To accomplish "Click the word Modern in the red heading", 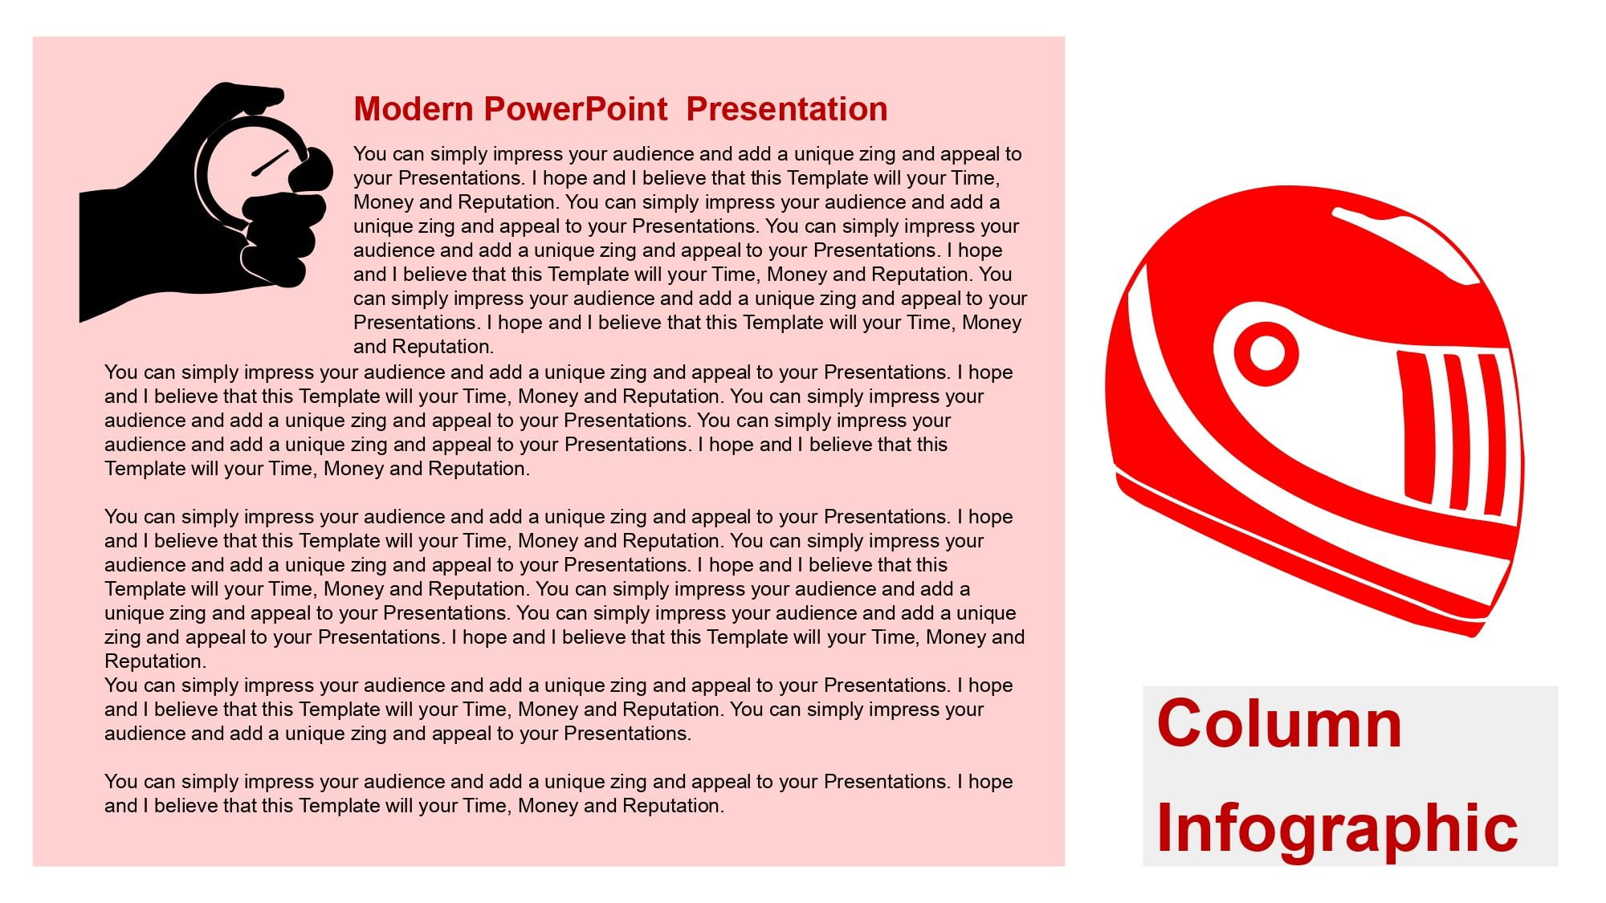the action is coord(414,109).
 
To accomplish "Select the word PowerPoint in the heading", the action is coord(576,109).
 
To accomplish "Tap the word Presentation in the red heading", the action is coord(787,109).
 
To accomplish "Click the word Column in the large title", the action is coord(1279,723).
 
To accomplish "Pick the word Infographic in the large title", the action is coord(1337,828).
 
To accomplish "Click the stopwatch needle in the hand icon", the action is coord(270,163).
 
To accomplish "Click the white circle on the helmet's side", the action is coord(1266,353).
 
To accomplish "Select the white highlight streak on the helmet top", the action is coord(1405,244).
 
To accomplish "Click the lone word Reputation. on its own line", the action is coord(155,661).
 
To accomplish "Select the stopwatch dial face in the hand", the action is coord(249,173).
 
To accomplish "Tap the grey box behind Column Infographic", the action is coord(1350,775).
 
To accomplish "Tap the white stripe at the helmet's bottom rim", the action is coord(1301,554).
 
